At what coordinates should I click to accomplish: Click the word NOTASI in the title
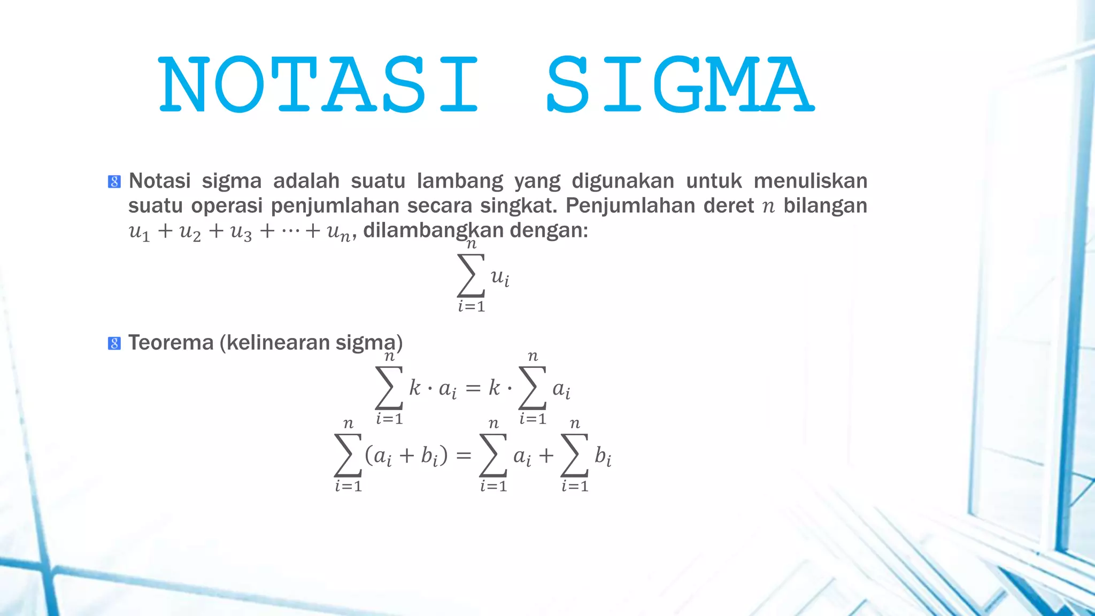[x=319, y=84]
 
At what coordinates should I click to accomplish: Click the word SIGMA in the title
[x=680, y=84]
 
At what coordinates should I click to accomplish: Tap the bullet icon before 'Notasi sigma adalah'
[x=114, y=182]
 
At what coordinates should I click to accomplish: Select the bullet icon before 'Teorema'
[x=114, y=343]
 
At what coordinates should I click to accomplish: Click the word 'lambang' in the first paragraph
[x=460, y=182]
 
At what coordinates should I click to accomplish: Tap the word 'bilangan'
[x=825, y=206]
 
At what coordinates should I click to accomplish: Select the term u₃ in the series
[x=241, y=232]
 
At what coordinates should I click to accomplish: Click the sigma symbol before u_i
[x=471, y=275]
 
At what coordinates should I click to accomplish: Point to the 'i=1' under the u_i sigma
[x=471, y=306]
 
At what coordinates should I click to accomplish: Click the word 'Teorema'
[x=171, y=343]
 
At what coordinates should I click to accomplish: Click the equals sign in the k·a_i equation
[x=473, y=388]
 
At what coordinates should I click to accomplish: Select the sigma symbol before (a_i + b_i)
[x=348, y=455]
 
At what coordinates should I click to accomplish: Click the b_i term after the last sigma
[x=603, y=456]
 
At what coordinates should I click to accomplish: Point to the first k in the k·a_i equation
[x=414, y=388]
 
